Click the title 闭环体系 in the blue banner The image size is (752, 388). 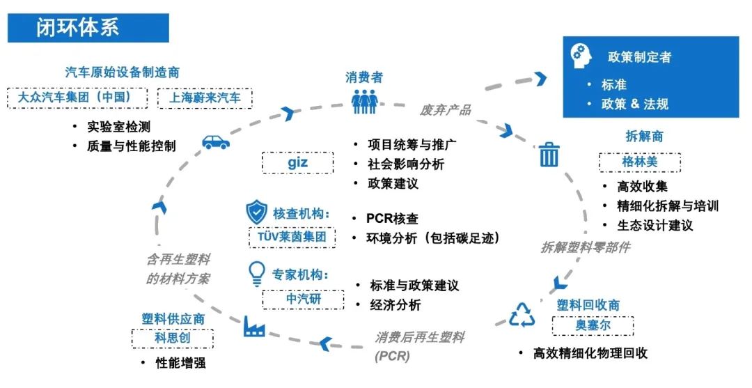[78, 27]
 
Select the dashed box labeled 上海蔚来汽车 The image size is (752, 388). [205, 98]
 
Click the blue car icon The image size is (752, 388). [216, 142]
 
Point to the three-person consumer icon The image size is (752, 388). [364, 102]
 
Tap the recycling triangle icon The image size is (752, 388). [522, 315]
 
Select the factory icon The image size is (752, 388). [254, 325]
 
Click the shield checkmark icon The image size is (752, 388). [257, 213]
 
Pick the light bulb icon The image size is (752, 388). [257, 273]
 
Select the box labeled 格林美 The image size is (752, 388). [639, 163]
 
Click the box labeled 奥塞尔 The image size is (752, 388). [593, 325]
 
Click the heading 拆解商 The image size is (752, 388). [644, 137]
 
